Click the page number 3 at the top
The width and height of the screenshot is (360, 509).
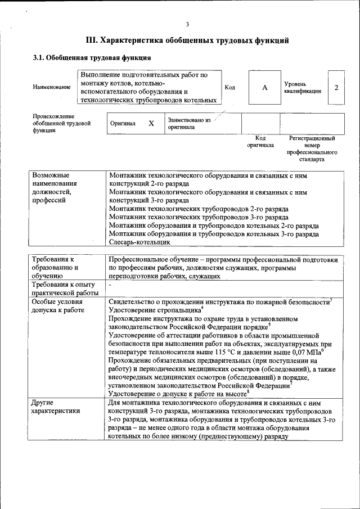(188, 24)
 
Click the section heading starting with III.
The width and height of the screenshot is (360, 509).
(187, 40)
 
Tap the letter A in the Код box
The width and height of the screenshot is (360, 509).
(264, 88)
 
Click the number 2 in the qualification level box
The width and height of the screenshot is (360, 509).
(336, 88)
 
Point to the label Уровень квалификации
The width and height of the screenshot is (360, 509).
(303, 88)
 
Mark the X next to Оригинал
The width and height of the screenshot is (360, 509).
(151, 123)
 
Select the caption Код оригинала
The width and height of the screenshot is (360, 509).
(260, 141)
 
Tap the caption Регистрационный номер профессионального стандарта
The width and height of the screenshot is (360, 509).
(312, 148)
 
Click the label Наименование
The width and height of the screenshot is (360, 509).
(52, 87)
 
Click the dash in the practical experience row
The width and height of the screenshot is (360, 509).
(110, 285)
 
